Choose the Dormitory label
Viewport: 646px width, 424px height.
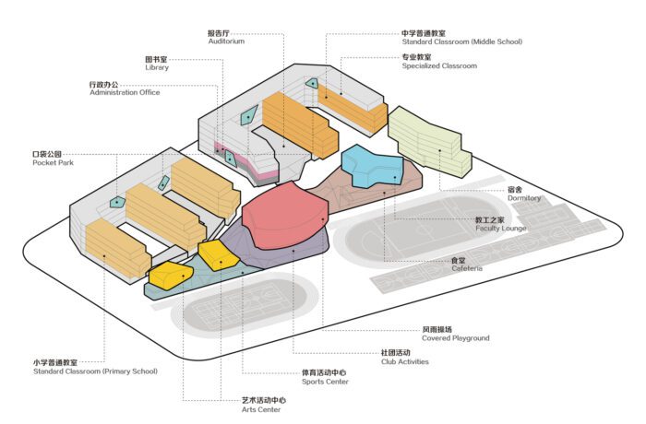pyautogui.click(x=523, y=194)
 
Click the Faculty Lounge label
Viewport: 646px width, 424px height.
pyautogui.click(x=500, y=226)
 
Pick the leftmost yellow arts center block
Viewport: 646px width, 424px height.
pyautogui.click(x=168, y=277)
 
